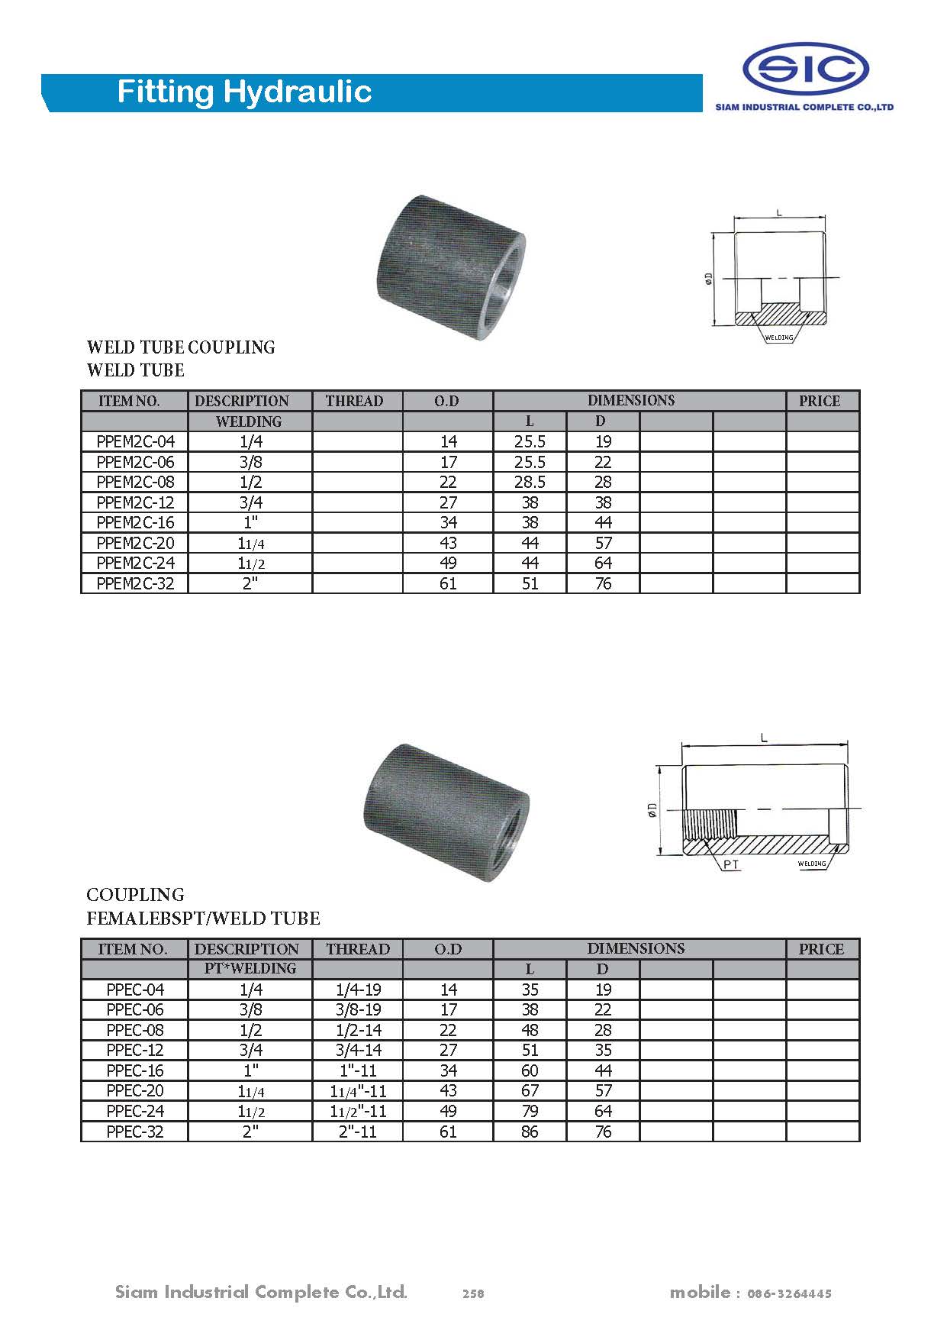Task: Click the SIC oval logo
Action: [x=806, y=69]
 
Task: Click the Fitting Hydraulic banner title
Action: [x=244, y=92]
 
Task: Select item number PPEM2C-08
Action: [x=135, y=482]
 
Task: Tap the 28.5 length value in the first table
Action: [x=530, y=482]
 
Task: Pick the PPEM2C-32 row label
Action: [x=135, y=583]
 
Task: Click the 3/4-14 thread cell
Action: [x=358, y=1050]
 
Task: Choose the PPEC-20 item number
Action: [x=135, y=1090]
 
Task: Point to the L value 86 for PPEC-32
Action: [x=530, y=1132]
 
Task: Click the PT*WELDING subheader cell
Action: [x=250, y=968]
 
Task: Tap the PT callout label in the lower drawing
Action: [x=731, y=865]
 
